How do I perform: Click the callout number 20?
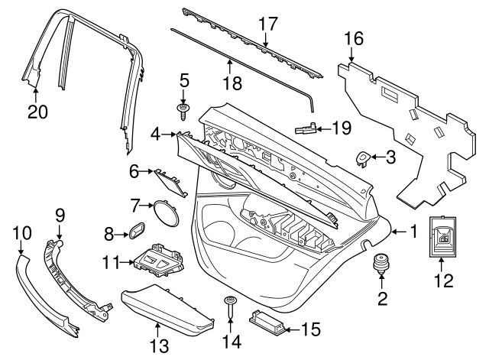(37, 111)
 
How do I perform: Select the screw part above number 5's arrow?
(183, 114)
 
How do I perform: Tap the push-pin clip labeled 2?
(379, 265)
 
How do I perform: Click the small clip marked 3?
(364, 158)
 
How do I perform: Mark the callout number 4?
(156, 134)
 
